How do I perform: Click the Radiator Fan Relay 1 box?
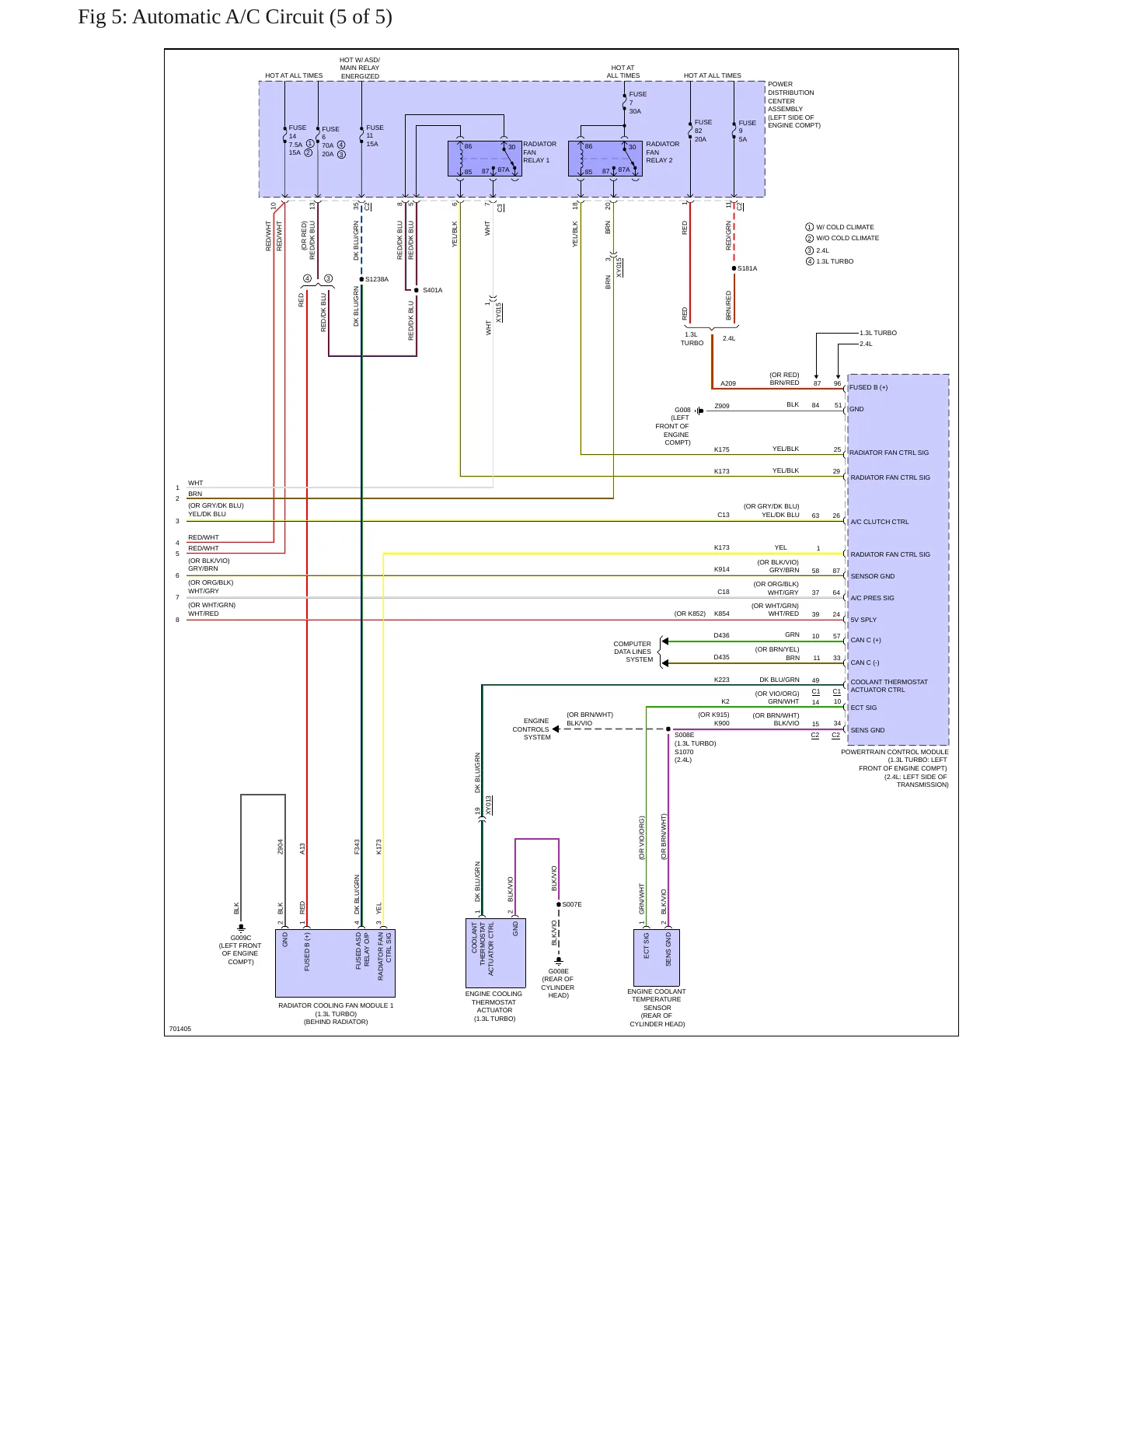(484, 159)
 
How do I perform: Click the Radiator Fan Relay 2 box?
(605, 159)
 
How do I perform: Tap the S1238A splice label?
(377, 279)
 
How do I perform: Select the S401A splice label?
(432, 290)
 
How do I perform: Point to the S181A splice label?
(747, 268)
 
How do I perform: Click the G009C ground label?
(241, 938)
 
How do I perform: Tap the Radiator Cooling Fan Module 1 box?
(335, 963)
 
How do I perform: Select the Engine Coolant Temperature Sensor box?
(657, 958)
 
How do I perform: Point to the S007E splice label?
(572, 904)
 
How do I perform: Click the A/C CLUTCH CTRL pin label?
(880, 522)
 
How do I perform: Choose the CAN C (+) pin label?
(866, 640)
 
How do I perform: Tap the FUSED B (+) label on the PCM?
(869, 387)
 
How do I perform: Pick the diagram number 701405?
(180, 1029)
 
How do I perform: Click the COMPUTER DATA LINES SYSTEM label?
(633, 652)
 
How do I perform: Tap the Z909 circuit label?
(722, 406)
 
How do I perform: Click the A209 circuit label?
(728, 383)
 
